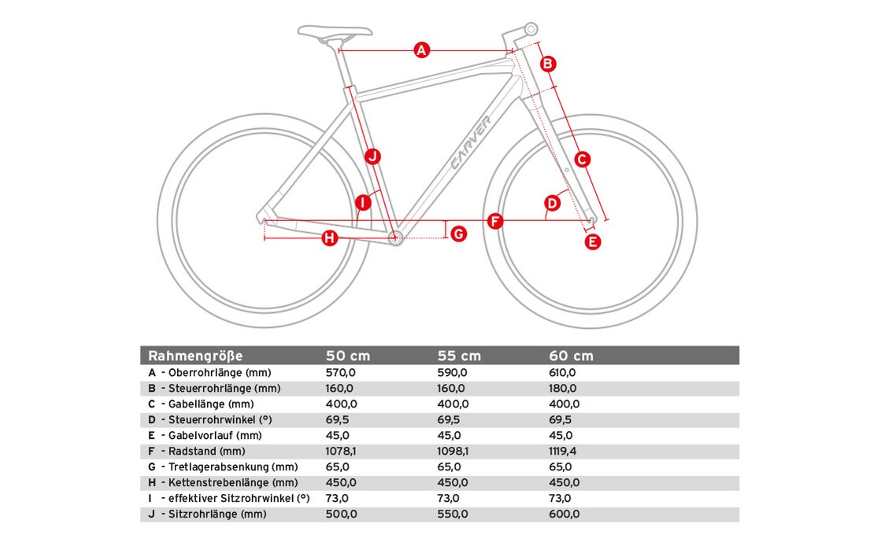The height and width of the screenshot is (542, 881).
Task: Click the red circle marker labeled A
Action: (x=421, y=51)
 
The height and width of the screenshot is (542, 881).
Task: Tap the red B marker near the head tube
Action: (x=549, y=64)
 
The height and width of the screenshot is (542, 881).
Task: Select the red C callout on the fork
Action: (x=582, y=160)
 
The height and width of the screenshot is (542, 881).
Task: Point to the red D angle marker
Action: (x=552, y=203)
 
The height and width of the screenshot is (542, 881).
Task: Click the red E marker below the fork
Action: (x=593, y=242)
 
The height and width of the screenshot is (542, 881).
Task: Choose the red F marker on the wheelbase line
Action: (x=494, y=221)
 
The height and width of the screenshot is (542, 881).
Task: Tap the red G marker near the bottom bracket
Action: (x=458, y=234)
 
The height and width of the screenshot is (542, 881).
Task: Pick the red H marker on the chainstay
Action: (x=329, y=238)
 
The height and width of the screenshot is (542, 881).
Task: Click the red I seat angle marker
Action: (x=362, y=203)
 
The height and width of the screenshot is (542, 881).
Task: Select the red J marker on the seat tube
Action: (x=373, y=156)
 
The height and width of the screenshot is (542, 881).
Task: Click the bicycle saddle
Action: (x=335, y=32)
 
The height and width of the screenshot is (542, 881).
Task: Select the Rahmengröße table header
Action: (x=196, y=356)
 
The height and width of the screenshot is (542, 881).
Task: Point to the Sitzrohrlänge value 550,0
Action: (x=452, y=514)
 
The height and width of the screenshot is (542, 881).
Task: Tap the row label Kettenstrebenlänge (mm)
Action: (x=232, y=482)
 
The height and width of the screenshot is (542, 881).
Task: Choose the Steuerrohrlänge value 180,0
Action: (x=562, y=389)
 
